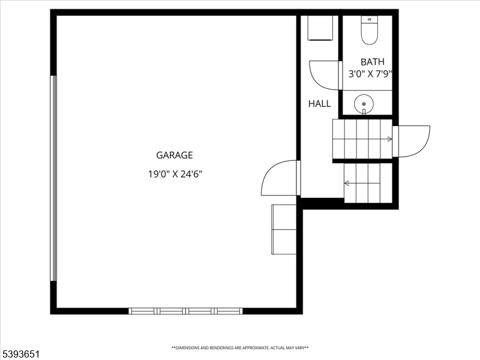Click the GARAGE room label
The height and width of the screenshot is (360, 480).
pos(175,155)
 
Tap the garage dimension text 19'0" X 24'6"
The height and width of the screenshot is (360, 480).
pos(175,175)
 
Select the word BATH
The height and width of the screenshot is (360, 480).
pos(372,62)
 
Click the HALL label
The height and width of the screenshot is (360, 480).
pos(319,104)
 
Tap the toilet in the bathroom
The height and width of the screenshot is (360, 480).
pos(368,31)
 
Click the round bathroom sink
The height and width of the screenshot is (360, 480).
pos(364,104)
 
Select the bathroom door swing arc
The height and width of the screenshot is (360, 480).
pos(322,75)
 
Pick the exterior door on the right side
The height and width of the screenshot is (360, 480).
pos(413,140)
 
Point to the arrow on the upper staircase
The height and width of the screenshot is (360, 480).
pos(390,139)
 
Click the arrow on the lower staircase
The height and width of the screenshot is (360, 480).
pos(347,182)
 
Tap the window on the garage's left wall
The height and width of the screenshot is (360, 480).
pos(53,178)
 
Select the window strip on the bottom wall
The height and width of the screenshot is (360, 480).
pos(185,311)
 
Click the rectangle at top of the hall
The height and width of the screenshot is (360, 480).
pos(320,28)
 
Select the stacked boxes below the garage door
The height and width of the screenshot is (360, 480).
pos(284,229)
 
